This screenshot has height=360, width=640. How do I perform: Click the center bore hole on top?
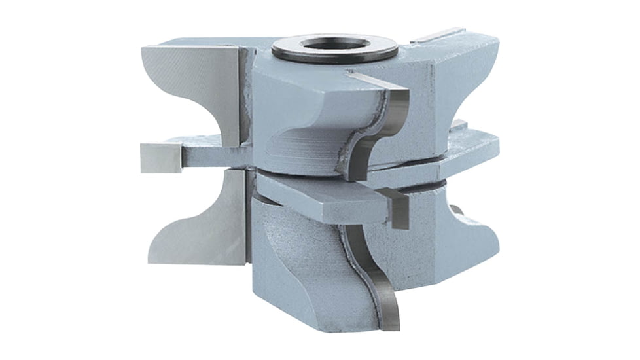pyautogui.click(x=336, y=45)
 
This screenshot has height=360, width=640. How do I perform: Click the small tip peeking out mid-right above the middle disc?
pyautogui.click(x=459, y=124)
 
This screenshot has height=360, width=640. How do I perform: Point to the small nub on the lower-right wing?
pyautogui.click(x=457, y=210)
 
